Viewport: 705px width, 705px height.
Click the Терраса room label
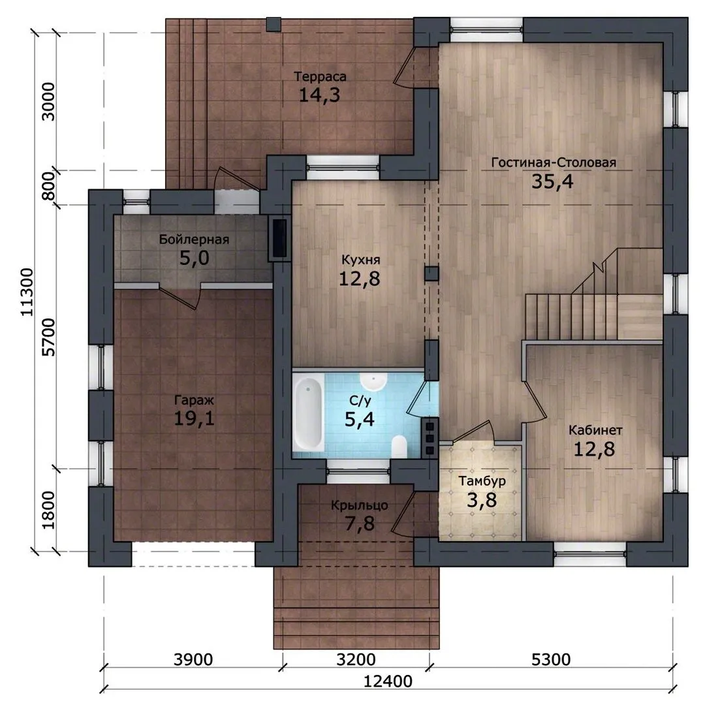tap(320, 77)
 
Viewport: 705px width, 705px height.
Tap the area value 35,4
tap(553, 181)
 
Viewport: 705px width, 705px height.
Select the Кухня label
tap(360, 260)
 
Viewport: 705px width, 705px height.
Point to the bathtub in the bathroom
tap(308, 413)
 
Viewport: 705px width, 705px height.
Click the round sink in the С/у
tap(373, 381)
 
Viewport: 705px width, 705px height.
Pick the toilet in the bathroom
tap(399, 446)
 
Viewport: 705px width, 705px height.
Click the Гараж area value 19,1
tap(195, 418)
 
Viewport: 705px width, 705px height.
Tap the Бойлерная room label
tap(195, 240)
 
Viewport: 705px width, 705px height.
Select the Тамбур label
tap(482, 481)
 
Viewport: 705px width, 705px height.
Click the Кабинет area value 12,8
tap(595, 449)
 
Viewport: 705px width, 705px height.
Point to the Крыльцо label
tap(360, 505)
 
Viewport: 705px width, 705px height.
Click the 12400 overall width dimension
tap(388, 681)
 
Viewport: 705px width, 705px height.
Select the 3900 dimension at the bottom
tap(193, 659)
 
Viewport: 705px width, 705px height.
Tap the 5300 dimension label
tap(551, 659)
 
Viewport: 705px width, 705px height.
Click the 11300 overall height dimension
tap(27, 292)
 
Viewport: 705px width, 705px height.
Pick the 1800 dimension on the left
tap(48, 510)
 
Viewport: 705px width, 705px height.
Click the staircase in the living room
tap(593, 294)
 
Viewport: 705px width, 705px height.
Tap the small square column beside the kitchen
tap(431, 274)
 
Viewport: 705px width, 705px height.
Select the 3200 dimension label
tap(356, 659)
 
